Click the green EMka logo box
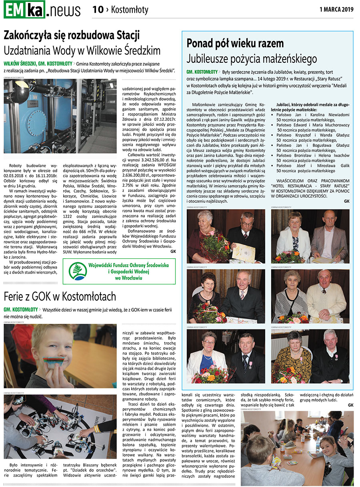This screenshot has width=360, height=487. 24,10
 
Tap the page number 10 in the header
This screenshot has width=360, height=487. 98,10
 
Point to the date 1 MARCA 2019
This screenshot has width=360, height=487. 336,10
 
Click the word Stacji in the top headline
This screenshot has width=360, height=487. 125,35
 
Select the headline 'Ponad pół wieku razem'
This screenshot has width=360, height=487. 235,44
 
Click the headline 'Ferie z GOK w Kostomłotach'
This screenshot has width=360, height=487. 60,296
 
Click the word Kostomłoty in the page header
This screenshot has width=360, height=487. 130,10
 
